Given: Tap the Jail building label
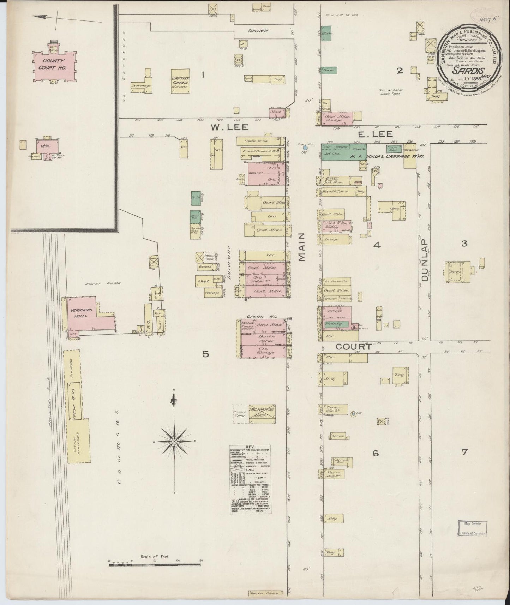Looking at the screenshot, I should point(46,145).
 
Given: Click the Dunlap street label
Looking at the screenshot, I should point(424,260).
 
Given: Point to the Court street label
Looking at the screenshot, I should point(353,347).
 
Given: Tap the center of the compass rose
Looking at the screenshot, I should point(174,442).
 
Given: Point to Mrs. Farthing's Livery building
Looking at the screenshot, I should point(262,413).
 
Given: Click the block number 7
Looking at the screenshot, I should point(464,451).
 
